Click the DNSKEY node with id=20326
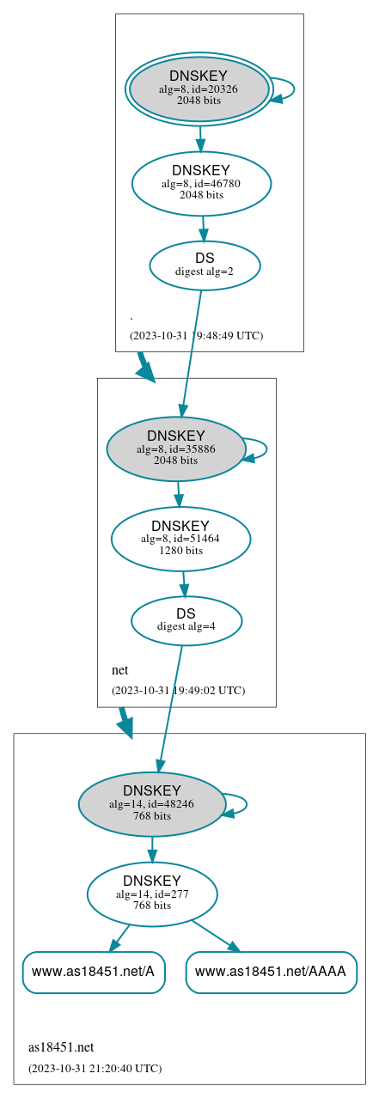coord(199,88)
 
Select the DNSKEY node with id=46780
coord(201,183)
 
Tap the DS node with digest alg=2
coord(205,265)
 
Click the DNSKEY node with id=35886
coord(176,448)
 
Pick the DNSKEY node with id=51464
coord(180,539)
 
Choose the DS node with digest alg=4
coord(186,619)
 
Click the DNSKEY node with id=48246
coord(152,803)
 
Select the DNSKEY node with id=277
coord(152,894)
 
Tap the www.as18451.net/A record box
coord(93,972)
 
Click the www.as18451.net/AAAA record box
coord(271,972)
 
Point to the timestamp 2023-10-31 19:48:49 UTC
coord(196,335)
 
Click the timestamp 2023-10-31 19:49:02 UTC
coord(178,690)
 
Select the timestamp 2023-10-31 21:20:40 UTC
coord(95,1068)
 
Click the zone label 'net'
coord(119,669)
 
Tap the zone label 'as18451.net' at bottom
coord(61,1046)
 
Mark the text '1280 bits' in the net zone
coord(180,551)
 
